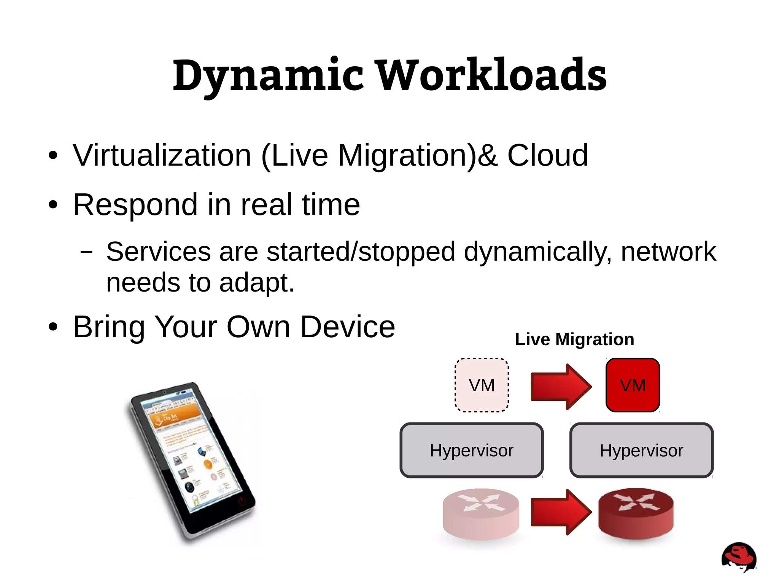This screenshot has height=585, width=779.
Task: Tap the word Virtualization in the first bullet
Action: coord(162,156)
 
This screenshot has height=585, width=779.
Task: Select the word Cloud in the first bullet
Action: coord(547,156)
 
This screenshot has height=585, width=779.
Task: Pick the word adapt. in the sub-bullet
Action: coord(257,283)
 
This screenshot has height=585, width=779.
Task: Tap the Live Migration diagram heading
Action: coord(574,340)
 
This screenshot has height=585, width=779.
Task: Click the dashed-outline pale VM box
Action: coord(482,385)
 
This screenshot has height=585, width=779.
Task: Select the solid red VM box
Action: coord(633,385)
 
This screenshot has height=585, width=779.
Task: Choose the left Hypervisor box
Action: coord(472,450)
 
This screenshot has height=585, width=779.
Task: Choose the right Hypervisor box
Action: coord(641,450)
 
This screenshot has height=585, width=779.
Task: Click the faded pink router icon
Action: coord(481,514)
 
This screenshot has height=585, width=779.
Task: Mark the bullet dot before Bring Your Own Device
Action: coord(53,327)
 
